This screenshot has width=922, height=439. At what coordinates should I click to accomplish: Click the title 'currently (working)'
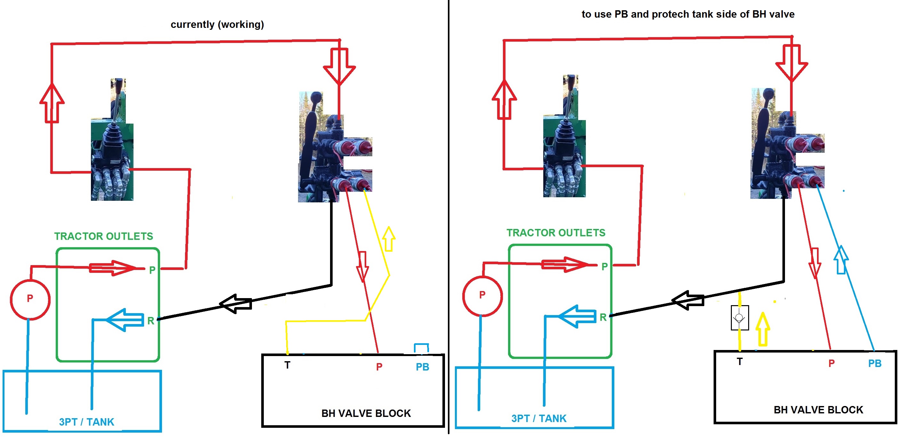point(217,24)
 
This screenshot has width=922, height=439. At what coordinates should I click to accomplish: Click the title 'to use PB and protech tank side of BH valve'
point(688,14)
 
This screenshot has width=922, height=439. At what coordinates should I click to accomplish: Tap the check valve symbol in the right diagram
point(740,318)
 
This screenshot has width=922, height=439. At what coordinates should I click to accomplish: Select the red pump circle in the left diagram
point(30,299)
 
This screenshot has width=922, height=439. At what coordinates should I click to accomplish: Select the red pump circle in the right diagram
point(482,296)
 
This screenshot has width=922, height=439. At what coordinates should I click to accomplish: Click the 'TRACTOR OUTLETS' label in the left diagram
point(103,236)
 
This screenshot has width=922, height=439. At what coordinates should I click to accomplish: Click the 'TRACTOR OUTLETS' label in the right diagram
point(555,233)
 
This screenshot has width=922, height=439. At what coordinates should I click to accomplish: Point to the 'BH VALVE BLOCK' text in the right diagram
point(818,410)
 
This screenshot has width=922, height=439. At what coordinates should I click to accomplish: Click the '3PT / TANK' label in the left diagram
point(87,422)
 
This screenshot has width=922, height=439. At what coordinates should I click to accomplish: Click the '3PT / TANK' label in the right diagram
point(539,418)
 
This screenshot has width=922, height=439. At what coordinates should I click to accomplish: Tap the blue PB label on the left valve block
point(422,367)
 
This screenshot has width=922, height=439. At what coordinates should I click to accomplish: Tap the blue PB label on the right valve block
point(874,363)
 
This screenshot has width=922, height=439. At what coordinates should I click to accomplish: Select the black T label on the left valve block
point(287,365)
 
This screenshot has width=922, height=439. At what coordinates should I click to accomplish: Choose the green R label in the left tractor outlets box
point(151,321)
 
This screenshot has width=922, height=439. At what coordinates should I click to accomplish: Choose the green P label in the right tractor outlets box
point(604,266)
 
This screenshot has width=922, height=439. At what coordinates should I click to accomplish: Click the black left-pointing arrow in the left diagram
point(236,304)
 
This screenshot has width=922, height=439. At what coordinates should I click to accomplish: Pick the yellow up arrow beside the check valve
point(762,329)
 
